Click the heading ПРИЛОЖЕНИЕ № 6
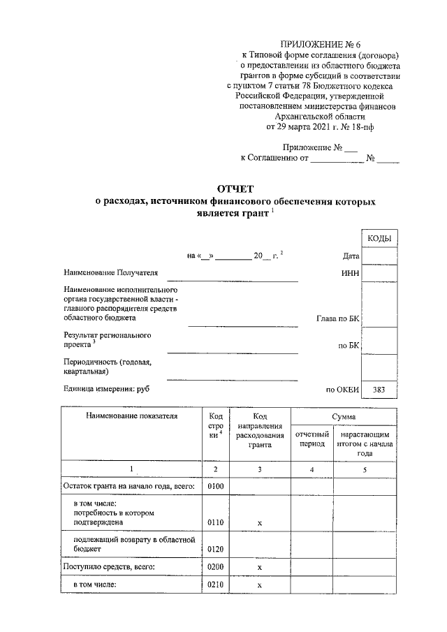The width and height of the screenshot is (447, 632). coord(317,44)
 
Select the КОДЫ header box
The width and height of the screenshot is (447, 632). coord(379,240)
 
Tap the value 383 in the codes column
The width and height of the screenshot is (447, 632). coord(379,390)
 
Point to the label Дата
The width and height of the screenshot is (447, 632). coord(351,256)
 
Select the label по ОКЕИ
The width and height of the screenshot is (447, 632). coord(342,390)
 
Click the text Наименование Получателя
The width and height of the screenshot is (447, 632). coord(110,272)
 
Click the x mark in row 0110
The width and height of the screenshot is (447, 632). coord(259,522)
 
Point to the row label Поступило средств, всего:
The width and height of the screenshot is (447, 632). coord(109,567)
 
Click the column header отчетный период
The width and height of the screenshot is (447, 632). coord(312,439)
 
